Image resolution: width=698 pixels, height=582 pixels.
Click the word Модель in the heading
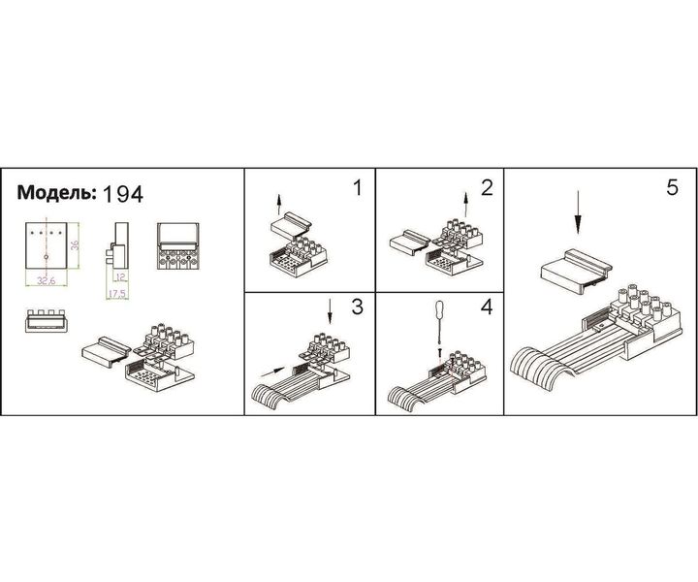pyautogui.click(x=56, y=192)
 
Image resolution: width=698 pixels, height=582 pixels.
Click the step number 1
pyautogui.click(x=357, y=187)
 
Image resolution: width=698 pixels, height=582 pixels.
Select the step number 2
pyautogui.click(x=487, y=187)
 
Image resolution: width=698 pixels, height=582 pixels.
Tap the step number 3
pyautogui.click(x=357, y=308)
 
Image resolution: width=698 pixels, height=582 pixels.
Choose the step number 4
pyautogui.click(x=487, y=308)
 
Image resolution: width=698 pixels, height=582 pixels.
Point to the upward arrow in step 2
pyautogui.click(x=466, y=205)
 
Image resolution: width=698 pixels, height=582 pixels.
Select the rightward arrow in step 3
pyautogui.click(x=276, y=370)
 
